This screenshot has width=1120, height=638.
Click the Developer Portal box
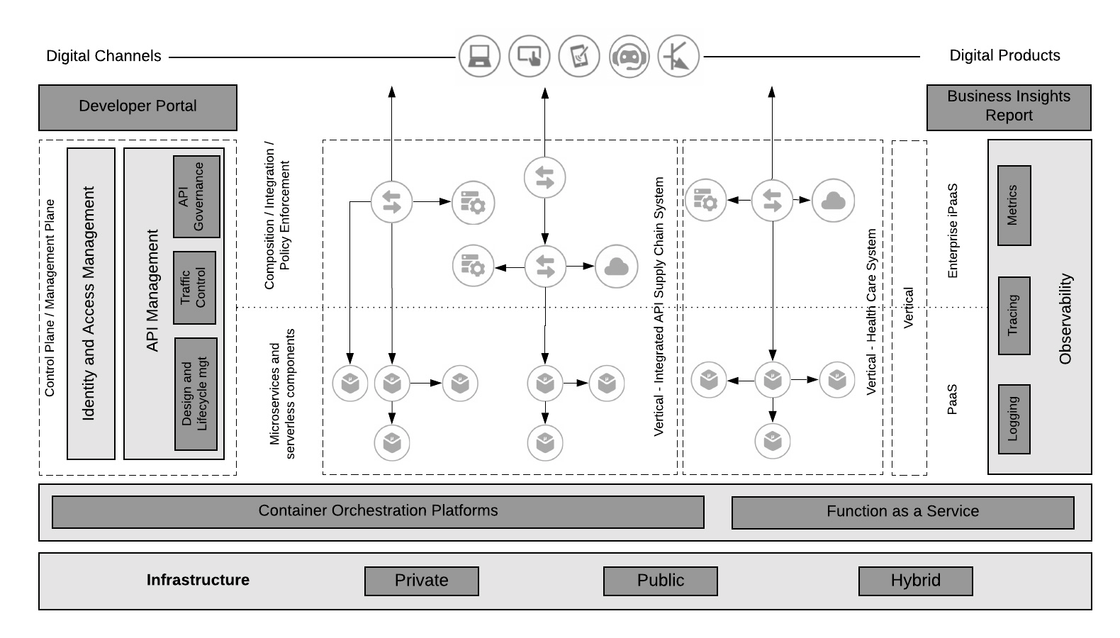(x=138, y=107)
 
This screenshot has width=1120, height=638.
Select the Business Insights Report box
(x=1008, y=107)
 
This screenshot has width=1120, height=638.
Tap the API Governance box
(x=196, y=196)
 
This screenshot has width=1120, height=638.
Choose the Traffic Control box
(x=194, y=287)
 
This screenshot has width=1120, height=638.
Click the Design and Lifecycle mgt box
(x=196, y=393)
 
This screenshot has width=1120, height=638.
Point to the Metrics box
(x=1014, y=206)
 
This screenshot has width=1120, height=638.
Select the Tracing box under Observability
(x=1014, y=315)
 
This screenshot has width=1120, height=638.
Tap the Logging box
(x=1014, y=419)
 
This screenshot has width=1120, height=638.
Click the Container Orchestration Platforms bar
(x=378, y=512)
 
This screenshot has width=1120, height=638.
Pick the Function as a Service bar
(x=902, y=513)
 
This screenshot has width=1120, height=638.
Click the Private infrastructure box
(x=421, y=581)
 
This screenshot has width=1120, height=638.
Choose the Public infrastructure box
(x=660, y=581)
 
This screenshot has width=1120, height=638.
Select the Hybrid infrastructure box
(x=915, y=581)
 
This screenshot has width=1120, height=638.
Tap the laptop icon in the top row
(x=479, y=56)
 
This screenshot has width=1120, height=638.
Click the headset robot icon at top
(x=629, y=56)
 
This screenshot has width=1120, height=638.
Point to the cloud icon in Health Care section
(x=833, y=201)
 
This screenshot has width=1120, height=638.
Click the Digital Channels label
(x=103, y=56)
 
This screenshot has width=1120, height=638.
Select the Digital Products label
(x=1004, y=55)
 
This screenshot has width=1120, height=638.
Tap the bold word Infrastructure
(x=198, y=580)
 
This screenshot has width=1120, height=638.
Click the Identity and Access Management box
(x=91, y=303)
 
